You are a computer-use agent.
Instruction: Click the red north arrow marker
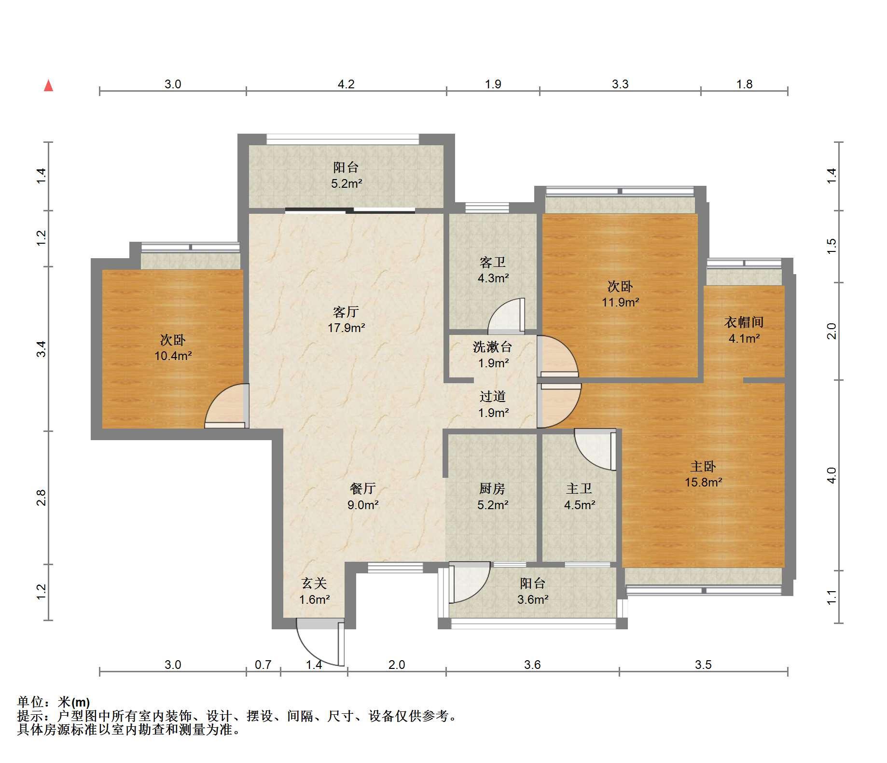pos(48,85)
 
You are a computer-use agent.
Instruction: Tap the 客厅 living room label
pos(346,312)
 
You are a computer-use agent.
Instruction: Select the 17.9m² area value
pos(346,328)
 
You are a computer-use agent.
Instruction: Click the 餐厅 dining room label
pos(362,488)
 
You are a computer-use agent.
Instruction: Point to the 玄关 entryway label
pos(314,583)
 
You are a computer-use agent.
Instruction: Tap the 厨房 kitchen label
pos(492,488)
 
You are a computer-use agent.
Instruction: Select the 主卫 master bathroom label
pos(579,488)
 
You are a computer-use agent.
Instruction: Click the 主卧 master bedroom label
pos(703,466)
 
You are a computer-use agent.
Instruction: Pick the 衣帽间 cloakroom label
pos(744,322)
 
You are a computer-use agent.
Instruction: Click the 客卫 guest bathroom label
pos(493,262)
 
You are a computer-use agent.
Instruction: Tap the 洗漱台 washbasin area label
pos(492,347)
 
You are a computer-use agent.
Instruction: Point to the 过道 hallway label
pos(493,397)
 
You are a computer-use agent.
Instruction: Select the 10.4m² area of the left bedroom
pos(173,356)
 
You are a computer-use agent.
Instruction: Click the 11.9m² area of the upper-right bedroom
pos(620,303)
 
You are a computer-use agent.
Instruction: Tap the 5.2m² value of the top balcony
pos(346,184)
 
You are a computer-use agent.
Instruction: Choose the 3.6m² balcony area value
pos(532,600)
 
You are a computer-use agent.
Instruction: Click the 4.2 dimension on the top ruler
pos(346,84)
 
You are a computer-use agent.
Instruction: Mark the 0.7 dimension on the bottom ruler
pos(263,665)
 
